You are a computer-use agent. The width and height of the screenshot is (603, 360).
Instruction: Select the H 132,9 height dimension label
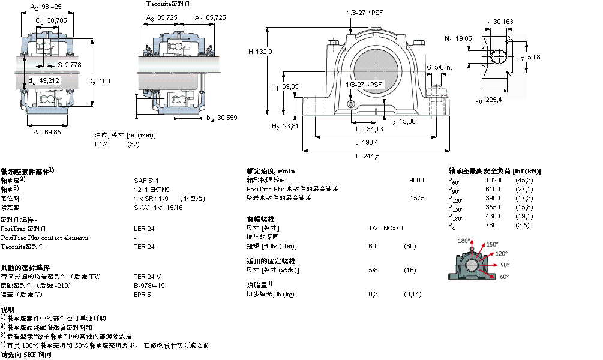point(260,52)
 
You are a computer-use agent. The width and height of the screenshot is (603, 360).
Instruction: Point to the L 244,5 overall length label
point(367,156)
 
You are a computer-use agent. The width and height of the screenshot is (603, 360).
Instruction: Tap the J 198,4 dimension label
point(367,143)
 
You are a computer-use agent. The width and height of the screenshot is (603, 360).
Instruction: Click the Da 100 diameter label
point(100,80)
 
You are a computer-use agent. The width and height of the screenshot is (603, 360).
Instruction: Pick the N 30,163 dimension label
point(500,22)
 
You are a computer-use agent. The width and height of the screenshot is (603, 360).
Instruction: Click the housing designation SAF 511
point(146,180)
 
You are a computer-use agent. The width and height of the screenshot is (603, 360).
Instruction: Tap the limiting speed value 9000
point(416,180)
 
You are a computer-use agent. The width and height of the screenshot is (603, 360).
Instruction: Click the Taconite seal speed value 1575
point(416,197)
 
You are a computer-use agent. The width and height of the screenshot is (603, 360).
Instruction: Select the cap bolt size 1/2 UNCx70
point(386,228)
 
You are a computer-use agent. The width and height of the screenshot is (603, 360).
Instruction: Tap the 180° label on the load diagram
point(464,241)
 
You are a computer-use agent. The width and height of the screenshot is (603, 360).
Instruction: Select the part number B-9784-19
point(149,286)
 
